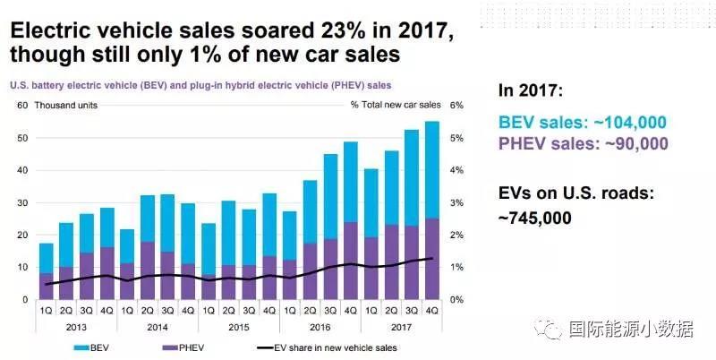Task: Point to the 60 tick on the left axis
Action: point(21,105)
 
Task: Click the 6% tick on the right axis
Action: point(456,105)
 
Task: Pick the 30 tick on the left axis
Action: point(21,202)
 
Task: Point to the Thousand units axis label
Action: point(65,105)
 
